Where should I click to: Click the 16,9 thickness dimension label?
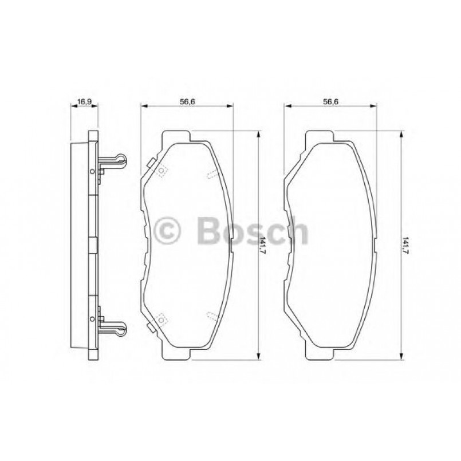pyautogui.click(x=84, y=101)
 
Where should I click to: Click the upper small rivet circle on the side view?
pyautogui.click(x=90, y=171)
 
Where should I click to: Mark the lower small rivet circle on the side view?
pyautogui.click(x=90, y=318)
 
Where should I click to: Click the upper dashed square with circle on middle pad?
pyautogui.click(x=161, y=171)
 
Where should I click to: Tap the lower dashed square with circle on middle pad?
pyautogui.click(x=161, y=319)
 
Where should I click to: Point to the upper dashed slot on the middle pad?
pyautogui.click(x=211, y=174)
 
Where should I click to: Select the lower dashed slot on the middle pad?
pyautogui.click(x=211, y=316)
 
